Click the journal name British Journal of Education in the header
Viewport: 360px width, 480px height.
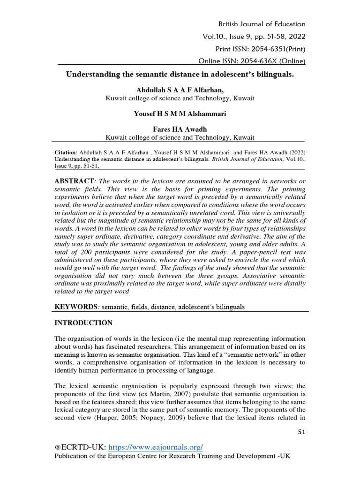click(x=262, y=24)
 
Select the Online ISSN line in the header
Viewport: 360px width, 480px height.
click(x=252, y=61)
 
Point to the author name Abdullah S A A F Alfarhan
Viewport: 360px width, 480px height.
click(x=180, y=90)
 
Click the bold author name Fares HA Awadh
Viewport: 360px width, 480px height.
click(x=180, y=129)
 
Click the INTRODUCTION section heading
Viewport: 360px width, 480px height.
click(x=83, y=323)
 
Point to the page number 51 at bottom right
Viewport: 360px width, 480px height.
click(x=301, y=432)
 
